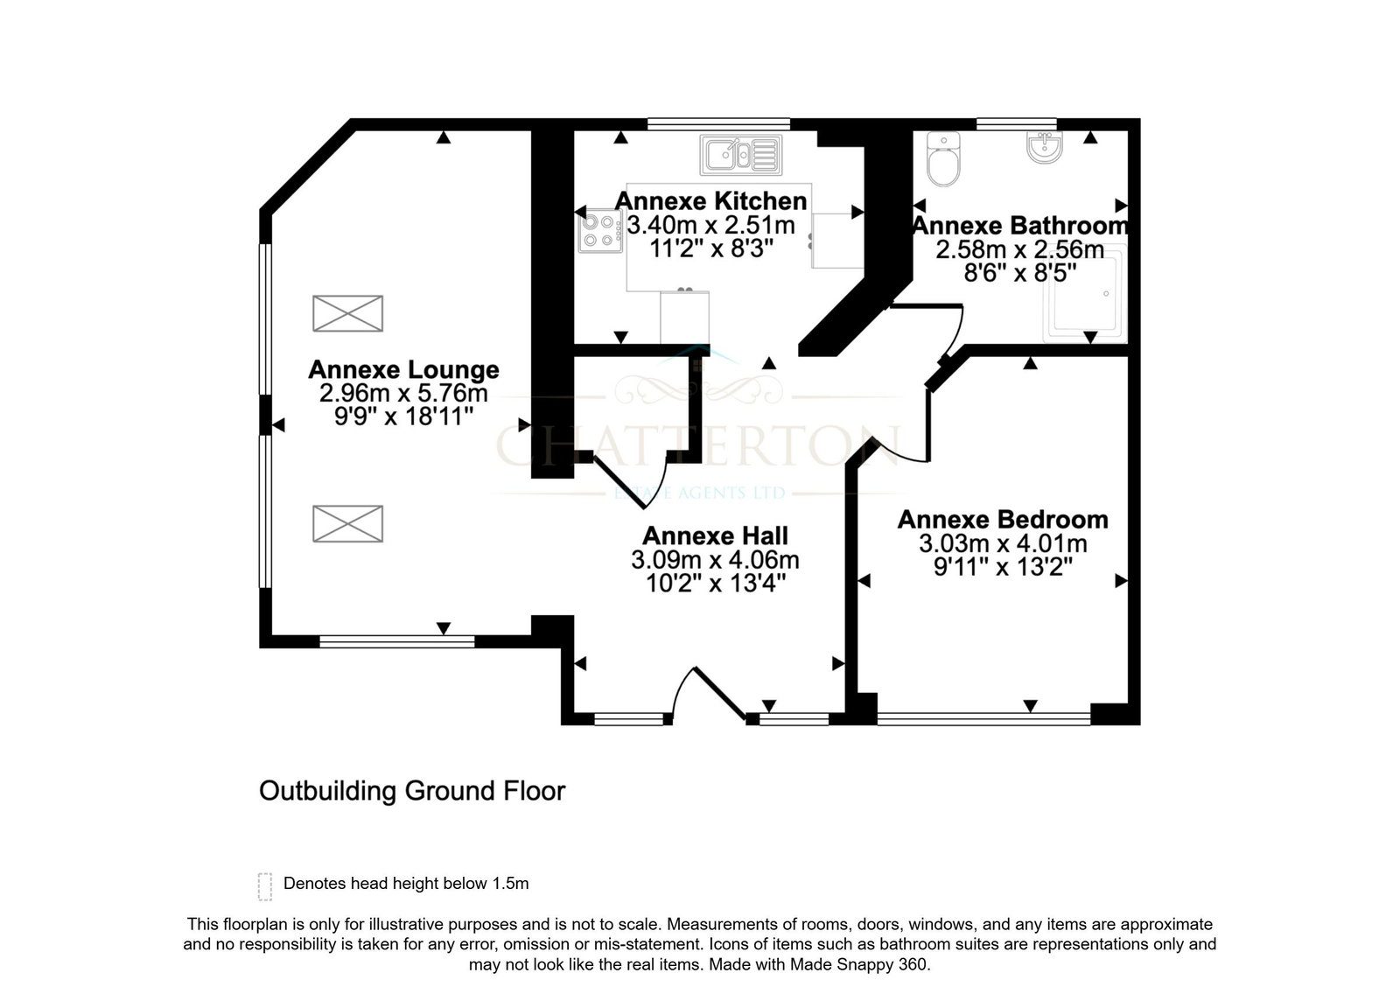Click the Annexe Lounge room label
tap(403, 369)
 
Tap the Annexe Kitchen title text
tap(710, 201)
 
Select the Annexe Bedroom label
tap(1003, 519)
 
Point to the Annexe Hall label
tap(715, 535)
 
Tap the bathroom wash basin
tap(1045, 148)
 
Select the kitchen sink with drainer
tap(741, 154)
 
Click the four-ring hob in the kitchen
tap(600, 231)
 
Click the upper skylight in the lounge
tap(348, 313)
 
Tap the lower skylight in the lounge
tap(348, 523)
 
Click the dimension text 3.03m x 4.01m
tap(1003, 543)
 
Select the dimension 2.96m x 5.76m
tap(403, 393)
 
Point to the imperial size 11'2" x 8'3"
tap(711, 248)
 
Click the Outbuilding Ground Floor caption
tap(412, 791)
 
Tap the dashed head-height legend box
tap(265, 886)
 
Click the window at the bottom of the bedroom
tap(983, 719)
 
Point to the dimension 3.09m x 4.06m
tap(715, 560)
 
